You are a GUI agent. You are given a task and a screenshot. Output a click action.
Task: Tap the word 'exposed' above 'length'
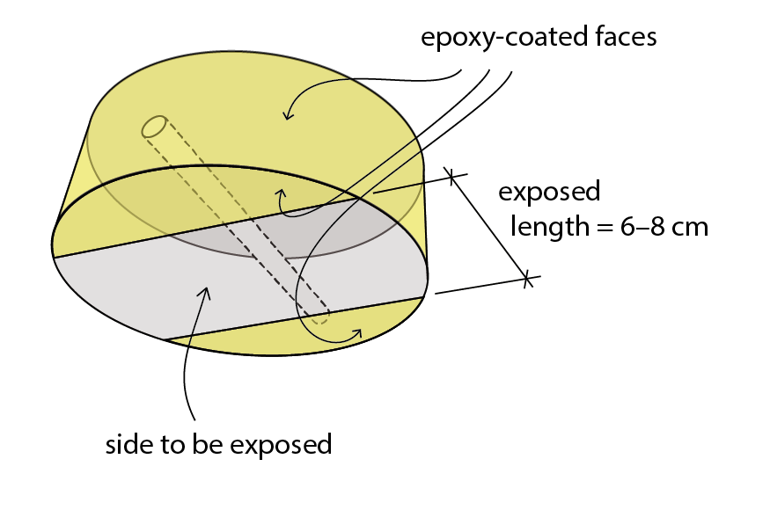click(x=549, y=192)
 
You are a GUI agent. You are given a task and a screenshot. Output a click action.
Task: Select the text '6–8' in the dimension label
click(x=645, y=227)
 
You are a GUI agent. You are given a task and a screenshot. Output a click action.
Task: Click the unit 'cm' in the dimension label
click(x=690, y=227)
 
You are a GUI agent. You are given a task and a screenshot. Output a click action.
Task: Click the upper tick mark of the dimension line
click(x=451, y=176)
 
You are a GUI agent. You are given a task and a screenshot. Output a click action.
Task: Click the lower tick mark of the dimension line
click(x=527, y=280)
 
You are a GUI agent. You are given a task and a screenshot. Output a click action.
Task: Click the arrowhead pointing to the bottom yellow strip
click(x=357, y=332)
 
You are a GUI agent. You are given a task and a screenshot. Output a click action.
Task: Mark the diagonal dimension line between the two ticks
click(x=489, y=228)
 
